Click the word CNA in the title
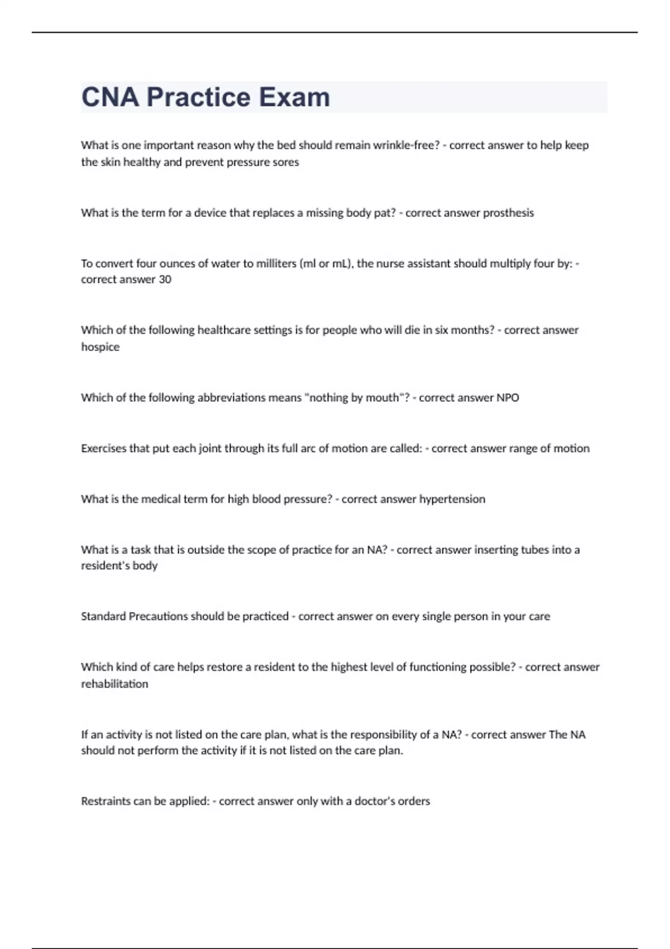(110, 97)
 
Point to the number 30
(165, 279)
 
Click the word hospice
(100, 347)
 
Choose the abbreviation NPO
(508, 397)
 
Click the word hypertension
(452, 499)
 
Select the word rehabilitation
(114, 684)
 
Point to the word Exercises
(103, 448)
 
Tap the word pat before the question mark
(385, 213)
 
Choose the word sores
(286, 162)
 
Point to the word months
(472, 330)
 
